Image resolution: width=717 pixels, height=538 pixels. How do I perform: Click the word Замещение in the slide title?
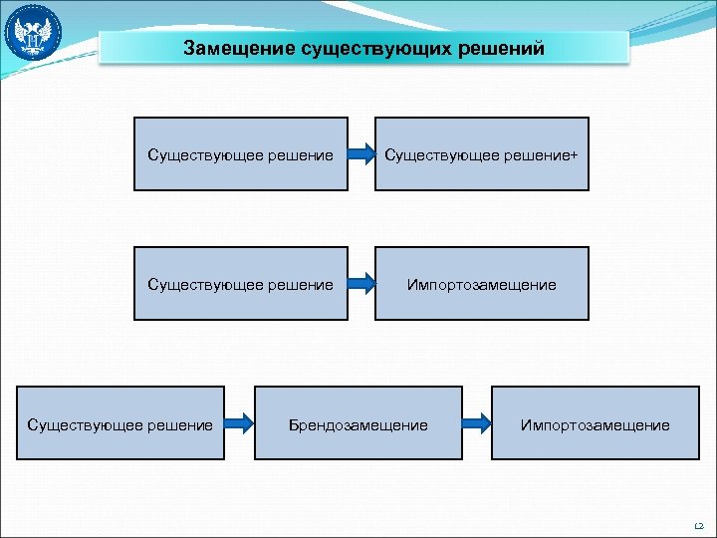coord(237,48)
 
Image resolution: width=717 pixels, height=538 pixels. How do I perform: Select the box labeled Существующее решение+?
coord(482,153)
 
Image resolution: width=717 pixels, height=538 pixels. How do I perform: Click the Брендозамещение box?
coord(358,423)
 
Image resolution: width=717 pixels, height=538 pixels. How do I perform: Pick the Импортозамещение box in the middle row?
coord(482,284)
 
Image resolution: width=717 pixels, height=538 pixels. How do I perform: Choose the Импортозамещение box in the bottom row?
coord(595,423)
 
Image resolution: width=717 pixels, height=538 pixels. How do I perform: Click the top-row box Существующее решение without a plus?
coord(241,153)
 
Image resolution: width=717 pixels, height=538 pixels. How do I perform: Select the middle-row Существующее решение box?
coord(241,284)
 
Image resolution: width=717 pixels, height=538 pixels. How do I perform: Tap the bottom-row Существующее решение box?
coord(120,423)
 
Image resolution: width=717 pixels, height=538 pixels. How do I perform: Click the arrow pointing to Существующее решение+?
coord(361,154)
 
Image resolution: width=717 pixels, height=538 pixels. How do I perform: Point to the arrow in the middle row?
coord(361,285)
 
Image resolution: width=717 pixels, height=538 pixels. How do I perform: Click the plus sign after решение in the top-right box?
coord(574,154)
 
